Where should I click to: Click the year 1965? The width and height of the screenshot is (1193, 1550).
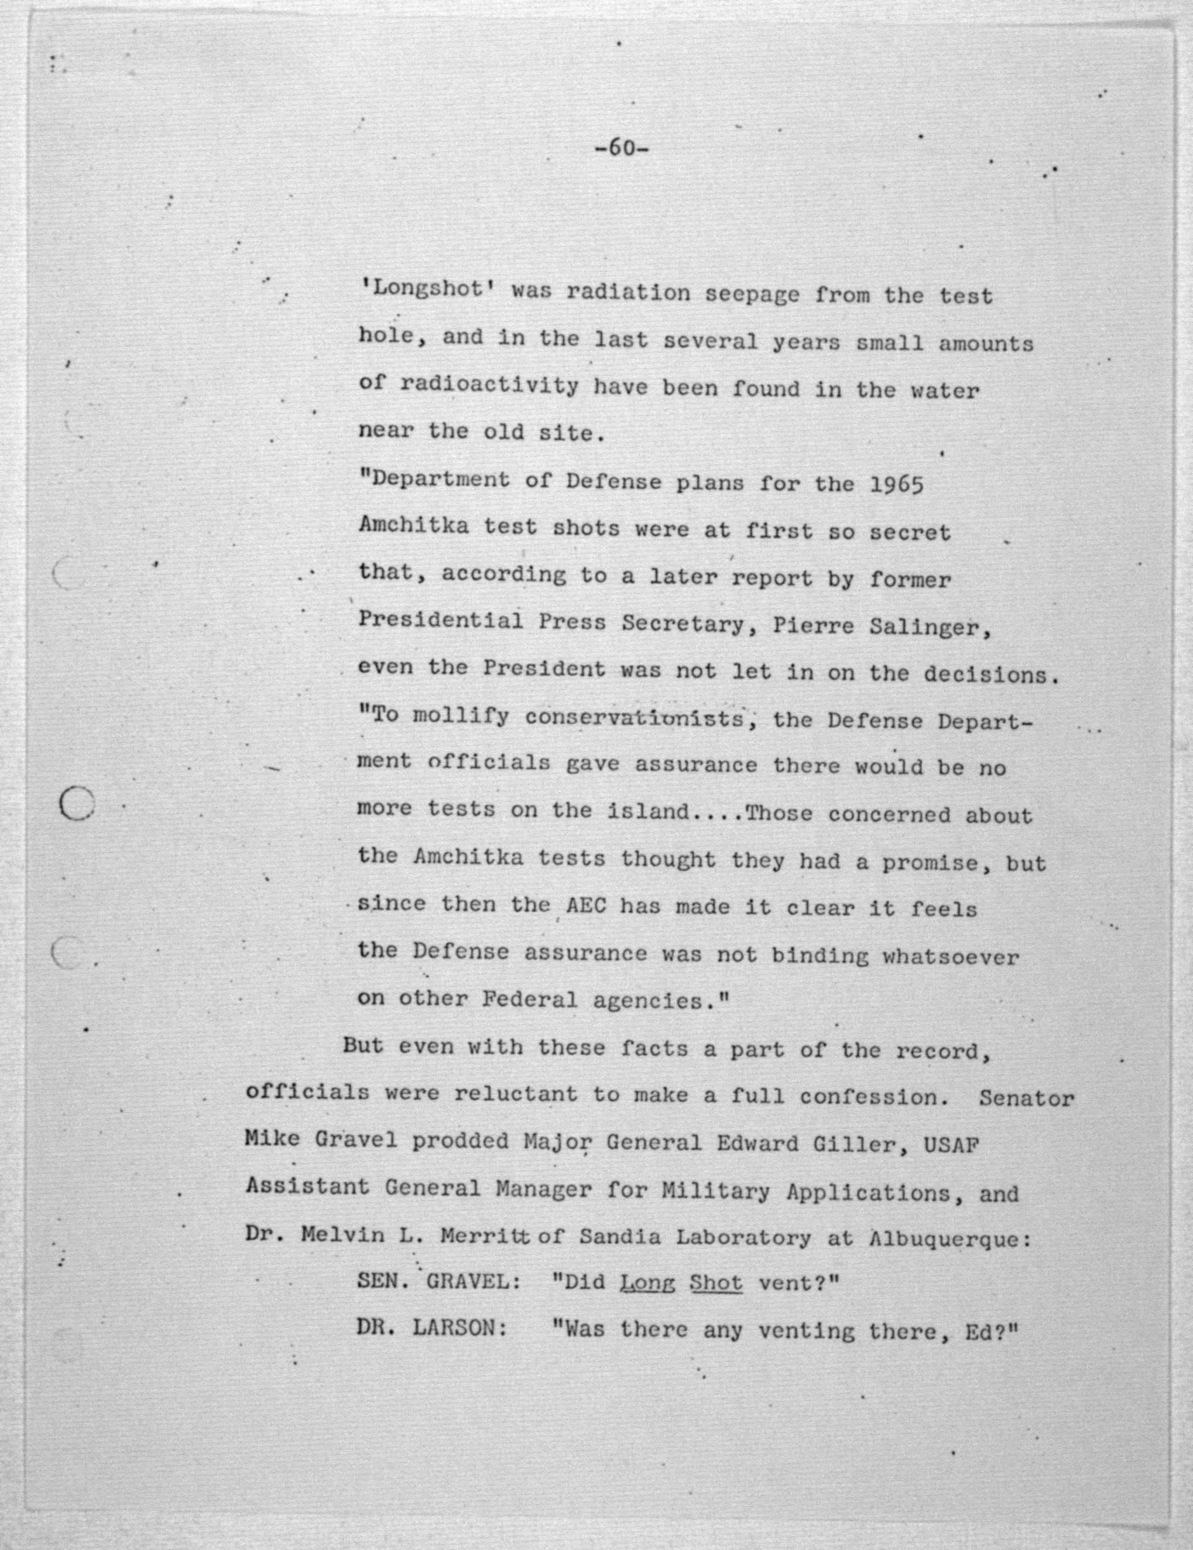coord(896,486)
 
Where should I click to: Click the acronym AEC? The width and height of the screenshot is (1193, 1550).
coord(586,906)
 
